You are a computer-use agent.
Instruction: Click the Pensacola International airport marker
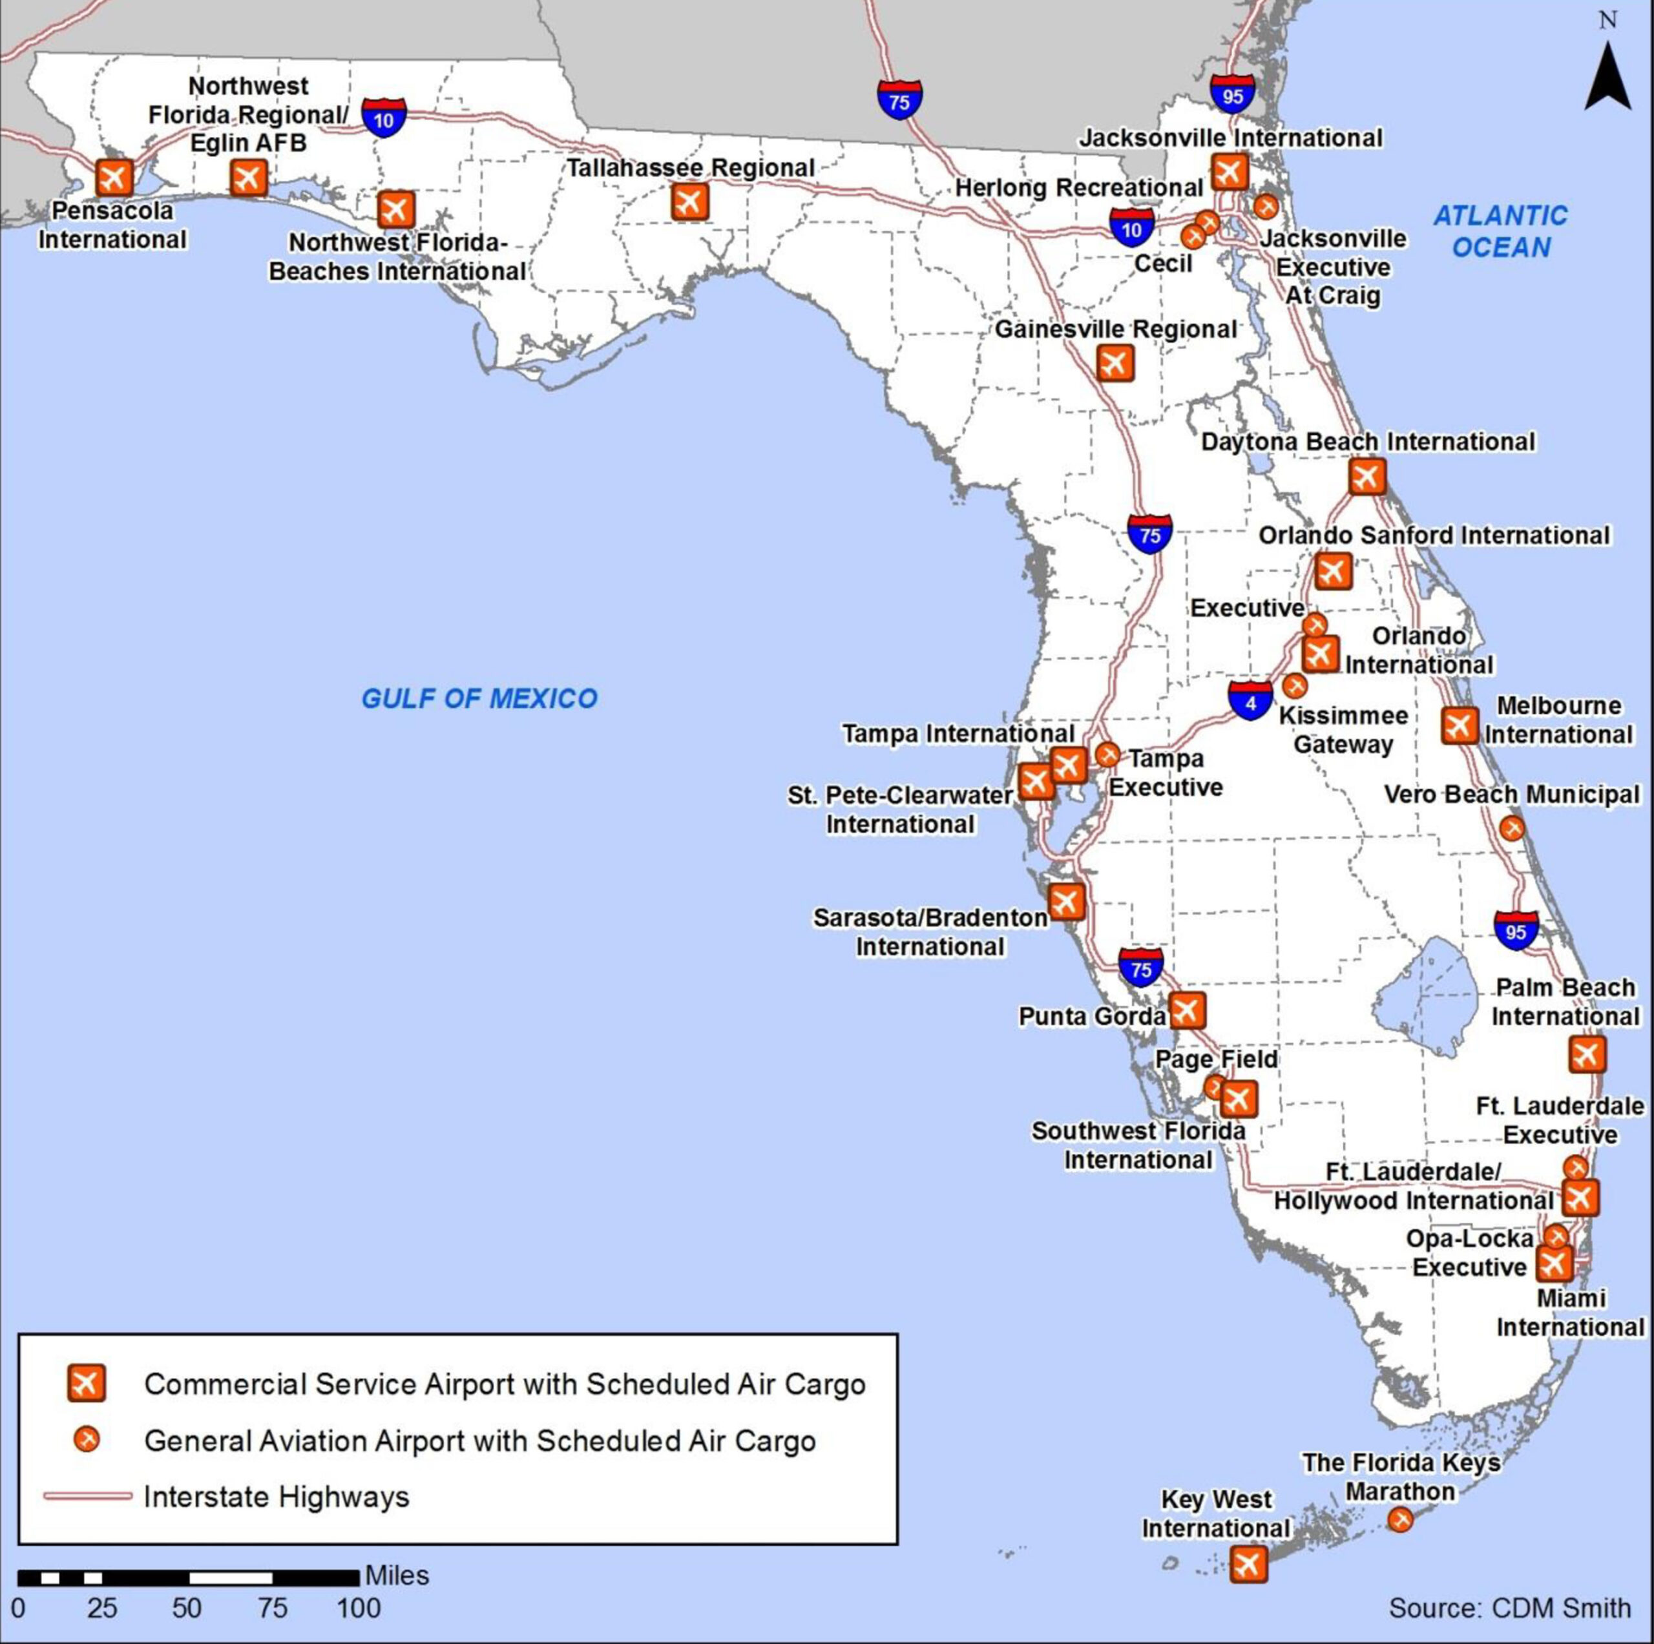114,178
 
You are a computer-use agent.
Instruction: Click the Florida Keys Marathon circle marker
1399,1520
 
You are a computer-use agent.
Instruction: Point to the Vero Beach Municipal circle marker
1512,828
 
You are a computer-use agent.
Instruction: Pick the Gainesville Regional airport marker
1115,363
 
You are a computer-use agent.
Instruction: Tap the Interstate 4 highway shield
1251,701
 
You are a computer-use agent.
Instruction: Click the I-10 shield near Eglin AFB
384,118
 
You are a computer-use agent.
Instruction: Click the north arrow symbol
1607,77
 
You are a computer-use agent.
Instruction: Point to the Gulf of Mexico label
479,698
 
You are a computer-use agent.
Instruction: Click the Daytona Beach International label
1367,442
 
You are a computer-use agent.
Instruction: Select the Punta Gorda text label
1091,1017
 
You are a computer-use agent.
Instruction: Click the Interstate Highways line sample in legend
87,1496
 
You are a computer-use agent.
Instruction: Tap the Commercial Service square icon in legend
86,1383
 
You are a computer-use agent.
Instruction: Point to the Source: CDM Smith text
1509,1608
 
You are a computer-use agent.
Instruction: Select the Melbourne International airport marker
1459,725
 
